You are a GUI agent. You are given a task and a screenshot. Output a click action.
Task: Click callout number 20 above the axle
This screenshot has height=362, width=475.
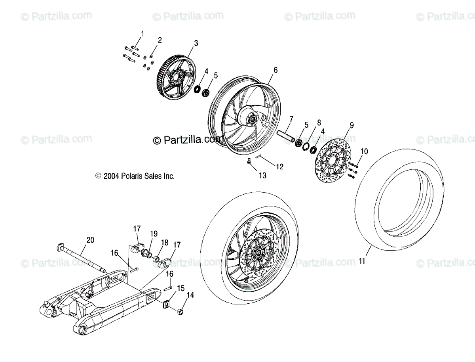pos(91,239)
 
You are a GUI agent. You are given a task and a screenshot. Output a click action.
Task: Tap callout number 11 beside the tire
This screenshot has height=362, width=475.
pos(362,261)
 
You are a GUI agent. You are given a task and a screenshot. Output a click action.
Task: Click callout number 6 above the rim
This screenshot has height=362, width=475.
pos(275,70)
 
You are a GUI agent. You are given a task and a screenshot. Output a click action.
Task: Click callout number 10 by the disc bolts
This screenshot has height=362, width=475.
pos(364,151)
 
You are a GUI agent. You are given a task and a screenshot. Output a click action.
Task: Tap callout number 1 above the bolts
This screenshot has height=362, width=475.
pos(142,33)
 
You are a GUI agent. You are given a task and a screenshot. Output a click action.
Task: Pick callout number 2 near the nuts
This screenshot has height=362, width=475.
pos(160,40)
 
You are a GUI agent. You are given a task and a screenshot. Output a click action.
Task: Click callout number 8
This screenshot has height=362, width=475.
pos(319,123)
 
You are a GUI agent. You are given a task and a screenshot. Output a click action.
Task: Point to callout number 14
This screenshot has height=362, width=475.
pos(191,295)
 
